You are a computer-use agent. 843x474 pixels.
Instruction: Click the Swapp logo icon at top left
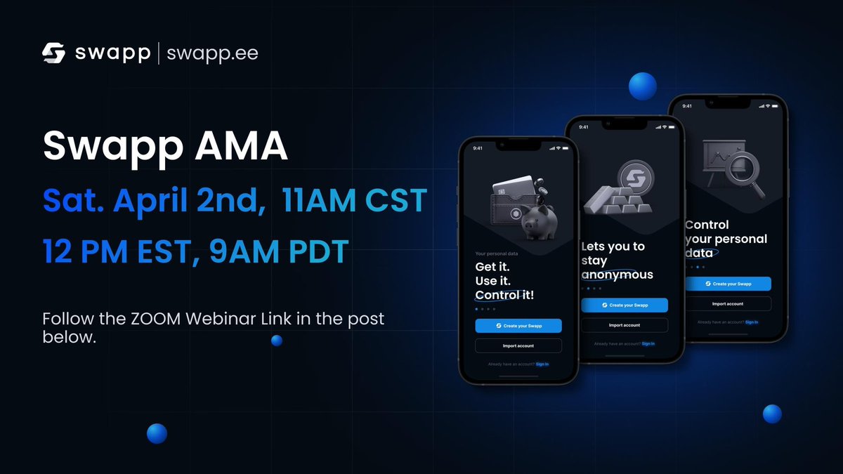coord(54,53)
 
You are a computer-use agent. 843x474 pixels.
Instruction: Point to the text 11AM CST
coord(353,201)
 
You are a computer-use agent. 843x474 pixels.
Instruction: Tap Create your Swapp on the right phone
coord(727,284)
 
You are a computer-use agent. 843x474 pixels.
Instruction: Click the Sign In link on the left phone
coord(542,364)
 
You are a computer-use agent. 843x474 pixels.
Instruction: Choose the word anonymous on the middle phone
coord(617,275)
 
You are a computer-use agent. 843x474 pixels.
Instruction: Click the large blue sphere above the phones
coord(643,86)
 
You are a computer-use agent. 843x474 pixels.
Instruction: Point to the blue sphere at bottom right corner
coord(772,414)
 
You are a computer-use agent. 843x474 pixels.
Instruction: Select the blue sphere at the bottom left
coord(157,433)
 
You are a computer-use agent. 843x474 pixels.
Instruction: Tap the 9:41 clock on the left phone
coord(478,148)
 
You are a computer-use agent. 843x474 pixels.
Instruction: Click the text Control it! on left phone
coord(504,295)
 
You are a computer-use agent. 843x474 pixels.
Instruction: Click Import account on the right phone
coord(727,304)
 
